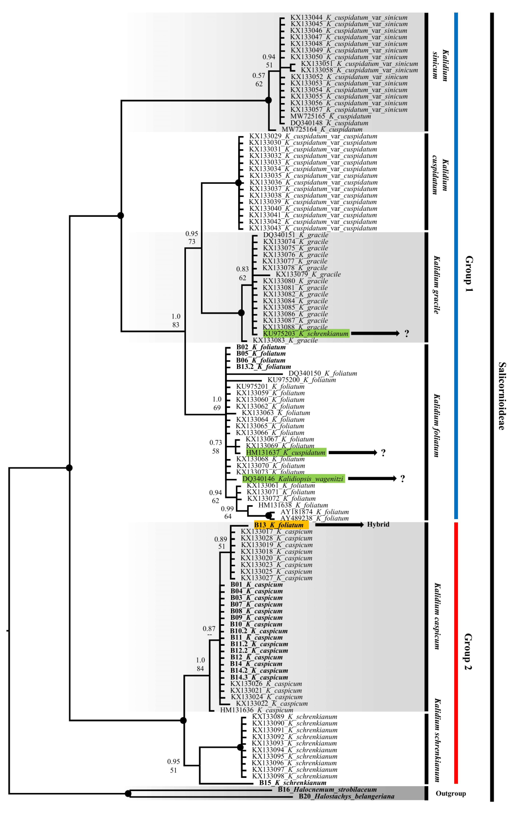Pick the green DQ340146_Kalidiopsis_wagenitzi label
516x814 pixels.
click(x=293, y=479)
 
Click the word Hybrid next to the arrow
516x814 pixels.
click(x=378, y=524)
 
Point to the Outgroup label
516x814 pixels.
click(x=450, y=793)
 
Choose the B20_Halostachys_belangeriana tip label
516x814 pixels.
click(x=346, y=796)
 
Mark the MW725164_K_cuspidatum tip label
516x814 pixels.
click(x=322, y=129)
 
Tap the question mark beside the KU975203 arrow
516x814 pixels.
click(x=406, y=334)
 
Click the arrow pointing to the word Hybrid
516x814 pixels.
click(x=339, y=525)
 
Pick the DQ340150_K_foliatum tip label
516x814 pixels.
click(x=322, y=373)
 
